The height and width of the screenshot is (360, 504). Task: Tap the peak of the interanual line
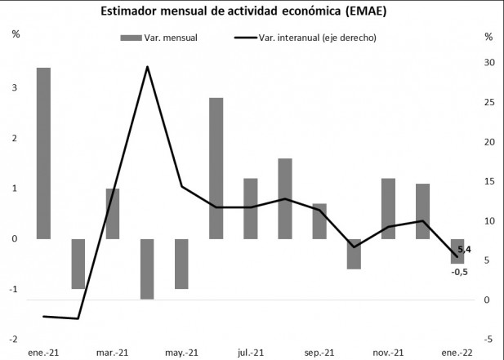point(147,67)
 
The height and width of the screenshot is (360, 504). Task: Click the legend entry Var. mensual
point(158,38)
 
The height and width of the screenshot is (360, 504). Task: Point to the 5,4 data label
point(464,249)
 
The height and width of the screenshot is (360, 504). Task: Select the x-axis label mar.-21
point(112,352)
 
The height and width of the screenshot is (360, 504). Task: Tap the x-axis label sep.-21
point(319,352)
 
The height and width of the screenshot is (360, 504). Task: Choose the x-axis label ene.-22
point(458,352)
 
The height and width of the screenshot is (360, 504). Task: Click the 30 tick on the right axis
point(488,63)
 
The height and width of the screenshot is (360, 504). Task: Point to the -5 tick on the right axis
point(488,340)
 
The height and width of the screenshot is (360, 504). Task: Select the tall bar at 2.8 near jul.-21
point(216,168)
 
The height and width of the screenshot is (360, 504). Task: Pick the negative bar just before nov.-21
point(354,254)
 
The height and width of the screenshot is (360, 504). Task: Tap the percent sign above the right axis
point(488,36)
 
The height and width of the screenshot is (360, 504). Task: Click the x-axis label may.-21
point(181,352)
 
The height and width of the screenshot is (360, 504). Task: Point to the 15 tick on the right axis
point(488,181)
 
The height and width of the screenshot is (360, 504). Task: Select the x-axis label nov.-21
point(388,352)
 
